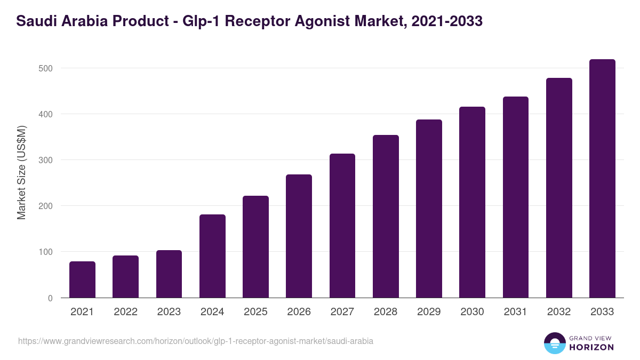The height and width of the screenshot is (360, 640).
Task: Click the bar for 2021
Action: click(82, 279)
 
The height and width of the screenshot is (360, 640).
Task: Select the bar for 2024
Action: click(212, 256)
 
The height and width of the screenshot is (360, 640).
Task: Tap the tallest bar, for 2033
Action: click(602, 179)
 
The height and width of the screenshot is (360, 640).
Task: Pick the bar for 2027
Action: click(342, 226)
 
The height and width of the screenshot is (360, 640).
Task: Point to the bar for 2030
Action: click(472, 202)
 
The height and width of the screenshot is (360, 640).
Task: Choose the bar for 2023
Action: click(169, 274)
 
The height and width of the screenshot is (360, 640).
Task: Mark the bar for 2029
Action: click(429, 209)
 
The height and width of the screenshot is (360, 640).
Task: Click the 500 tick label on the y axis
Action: click(45, 68)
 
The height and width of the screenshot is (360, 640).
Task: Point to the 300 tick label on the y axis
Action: click(45, 160)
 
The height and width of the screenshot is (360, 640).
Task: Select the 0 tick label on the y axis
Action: click(50, 298)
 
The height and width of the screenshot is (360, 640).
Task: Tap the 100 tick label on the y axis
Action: click(45, 252)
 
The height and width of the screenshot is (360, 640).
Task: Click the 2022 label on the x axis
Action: click(125, 312)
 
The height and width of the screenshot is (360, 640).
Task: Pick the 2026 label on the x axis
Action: click(299, 312)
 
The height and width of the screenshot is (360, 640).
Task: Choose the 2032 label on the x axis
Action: click(559, 312)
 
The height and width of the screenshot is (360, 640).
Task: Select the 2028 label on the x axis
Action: click(386, 312)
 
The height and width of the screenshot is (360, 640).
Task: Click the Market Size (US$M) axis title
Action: click(21, 172)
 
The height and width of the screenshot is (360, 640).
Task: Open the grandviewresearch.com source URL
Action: click(196, 341)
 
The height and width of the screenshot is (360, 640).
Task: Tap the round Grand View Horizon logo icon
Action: click(554, 343)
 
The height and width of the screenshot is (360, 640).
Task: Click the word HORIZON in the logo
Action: click(591, 347)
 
